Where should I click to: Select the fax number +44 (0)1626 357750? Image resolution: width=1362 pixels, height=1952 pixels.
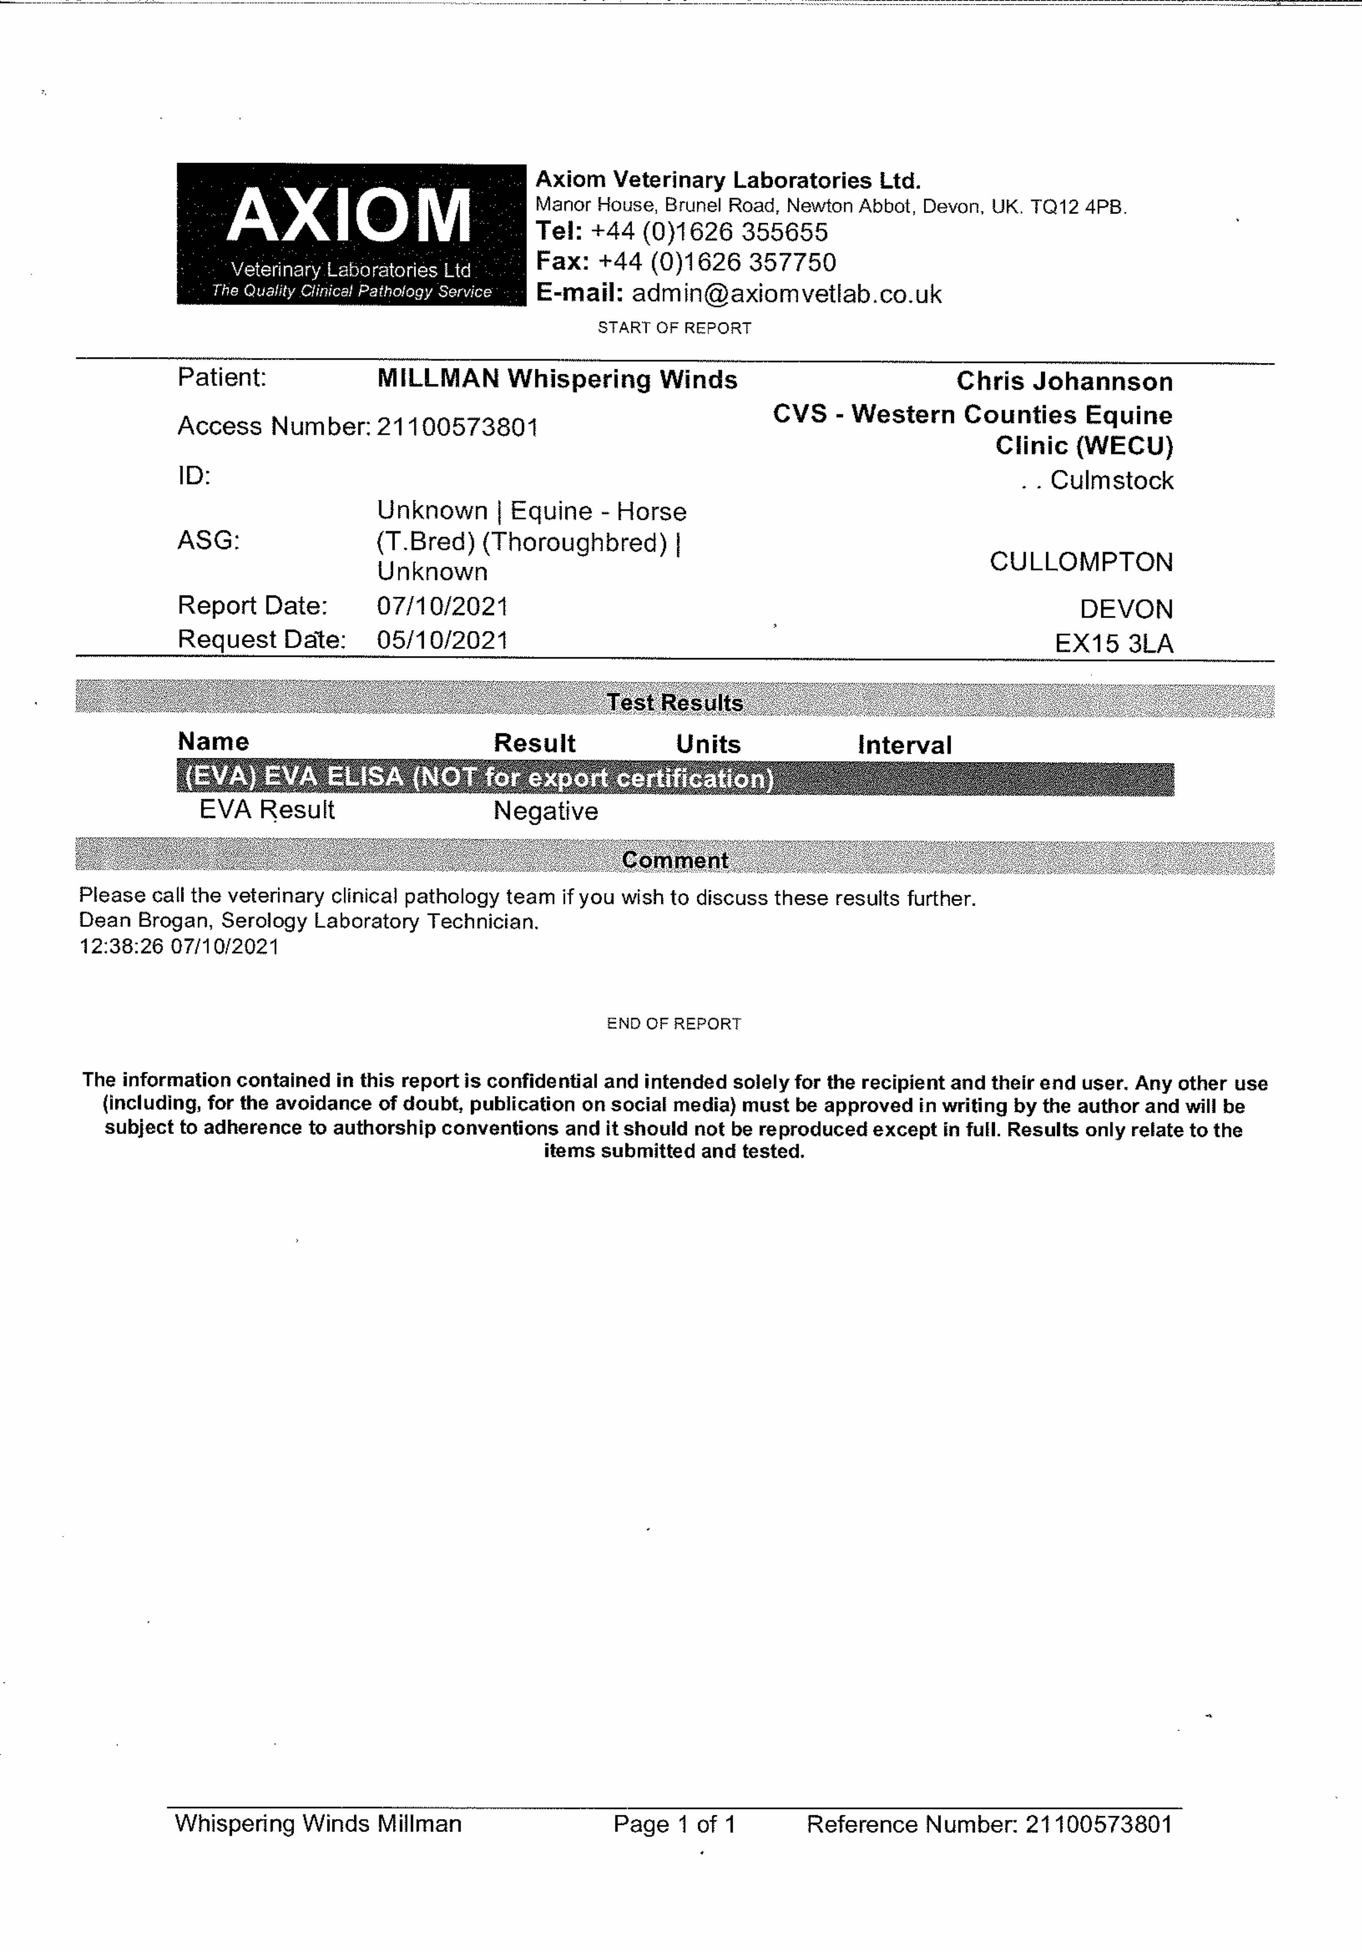717,262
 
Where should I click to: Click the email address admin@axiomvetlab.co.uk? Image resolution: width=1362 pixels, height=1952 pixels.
787,294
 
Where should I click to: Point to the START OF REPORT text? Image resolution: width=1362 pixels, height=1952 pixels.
674,328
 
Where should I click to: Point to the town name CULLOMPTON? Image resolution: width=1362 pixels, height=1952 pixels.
1081,562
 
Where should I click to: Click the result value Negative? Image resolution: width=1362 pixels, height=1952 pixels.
545,811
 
